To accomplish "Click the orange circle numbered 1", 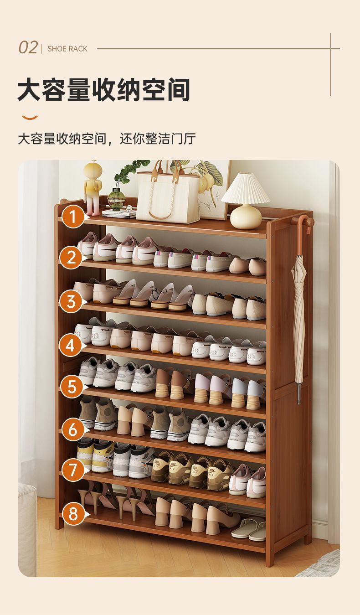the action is (x=72, y=217).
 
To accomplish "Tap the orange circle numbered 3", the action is (x=71, y=301).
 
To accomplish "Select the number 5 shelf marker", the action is (x=72, y=387).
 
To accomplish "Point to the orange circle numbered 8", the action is (x=73, y=513).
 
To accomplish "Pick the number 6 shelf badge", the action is (x=73, y=429).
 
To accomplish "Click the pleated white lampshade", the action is (x=246, y=189).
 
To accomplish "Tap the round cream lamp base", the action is (x=246, y=217).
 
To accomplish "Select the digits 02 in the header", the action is (x=28, y=48).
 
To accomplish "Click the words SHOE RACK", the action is (x=67, y=49).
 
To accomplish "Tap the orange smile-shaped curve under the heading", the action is (x=30, y=118).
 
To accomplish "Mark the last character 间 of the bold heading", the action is (x=178, y=89).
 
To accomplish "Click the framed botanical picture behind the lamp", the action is (x=212, y=190).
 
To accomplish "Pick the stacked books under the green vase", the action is (x=119, y=213).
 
